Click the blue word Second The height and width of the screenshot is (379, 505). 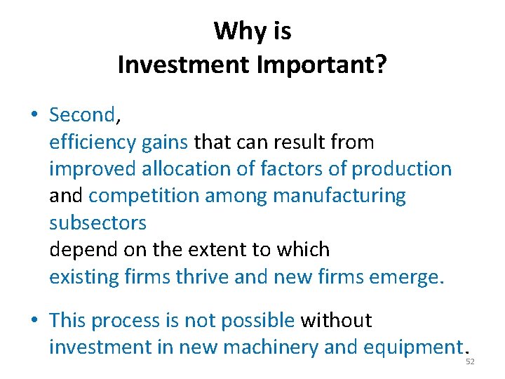pos(81,114)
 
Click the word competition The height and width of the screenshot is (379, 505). pos(144,196)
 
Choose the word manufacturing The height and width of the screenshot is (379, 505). pos(339,196)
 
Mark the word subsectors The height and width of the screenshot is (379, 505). pos(97,222)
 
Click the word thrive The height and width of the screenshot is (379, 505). pos(202,277)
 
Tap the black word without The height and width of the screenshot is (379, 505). pos(336,321)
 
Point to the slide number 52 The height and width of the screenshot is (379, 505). pos(470,361)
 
